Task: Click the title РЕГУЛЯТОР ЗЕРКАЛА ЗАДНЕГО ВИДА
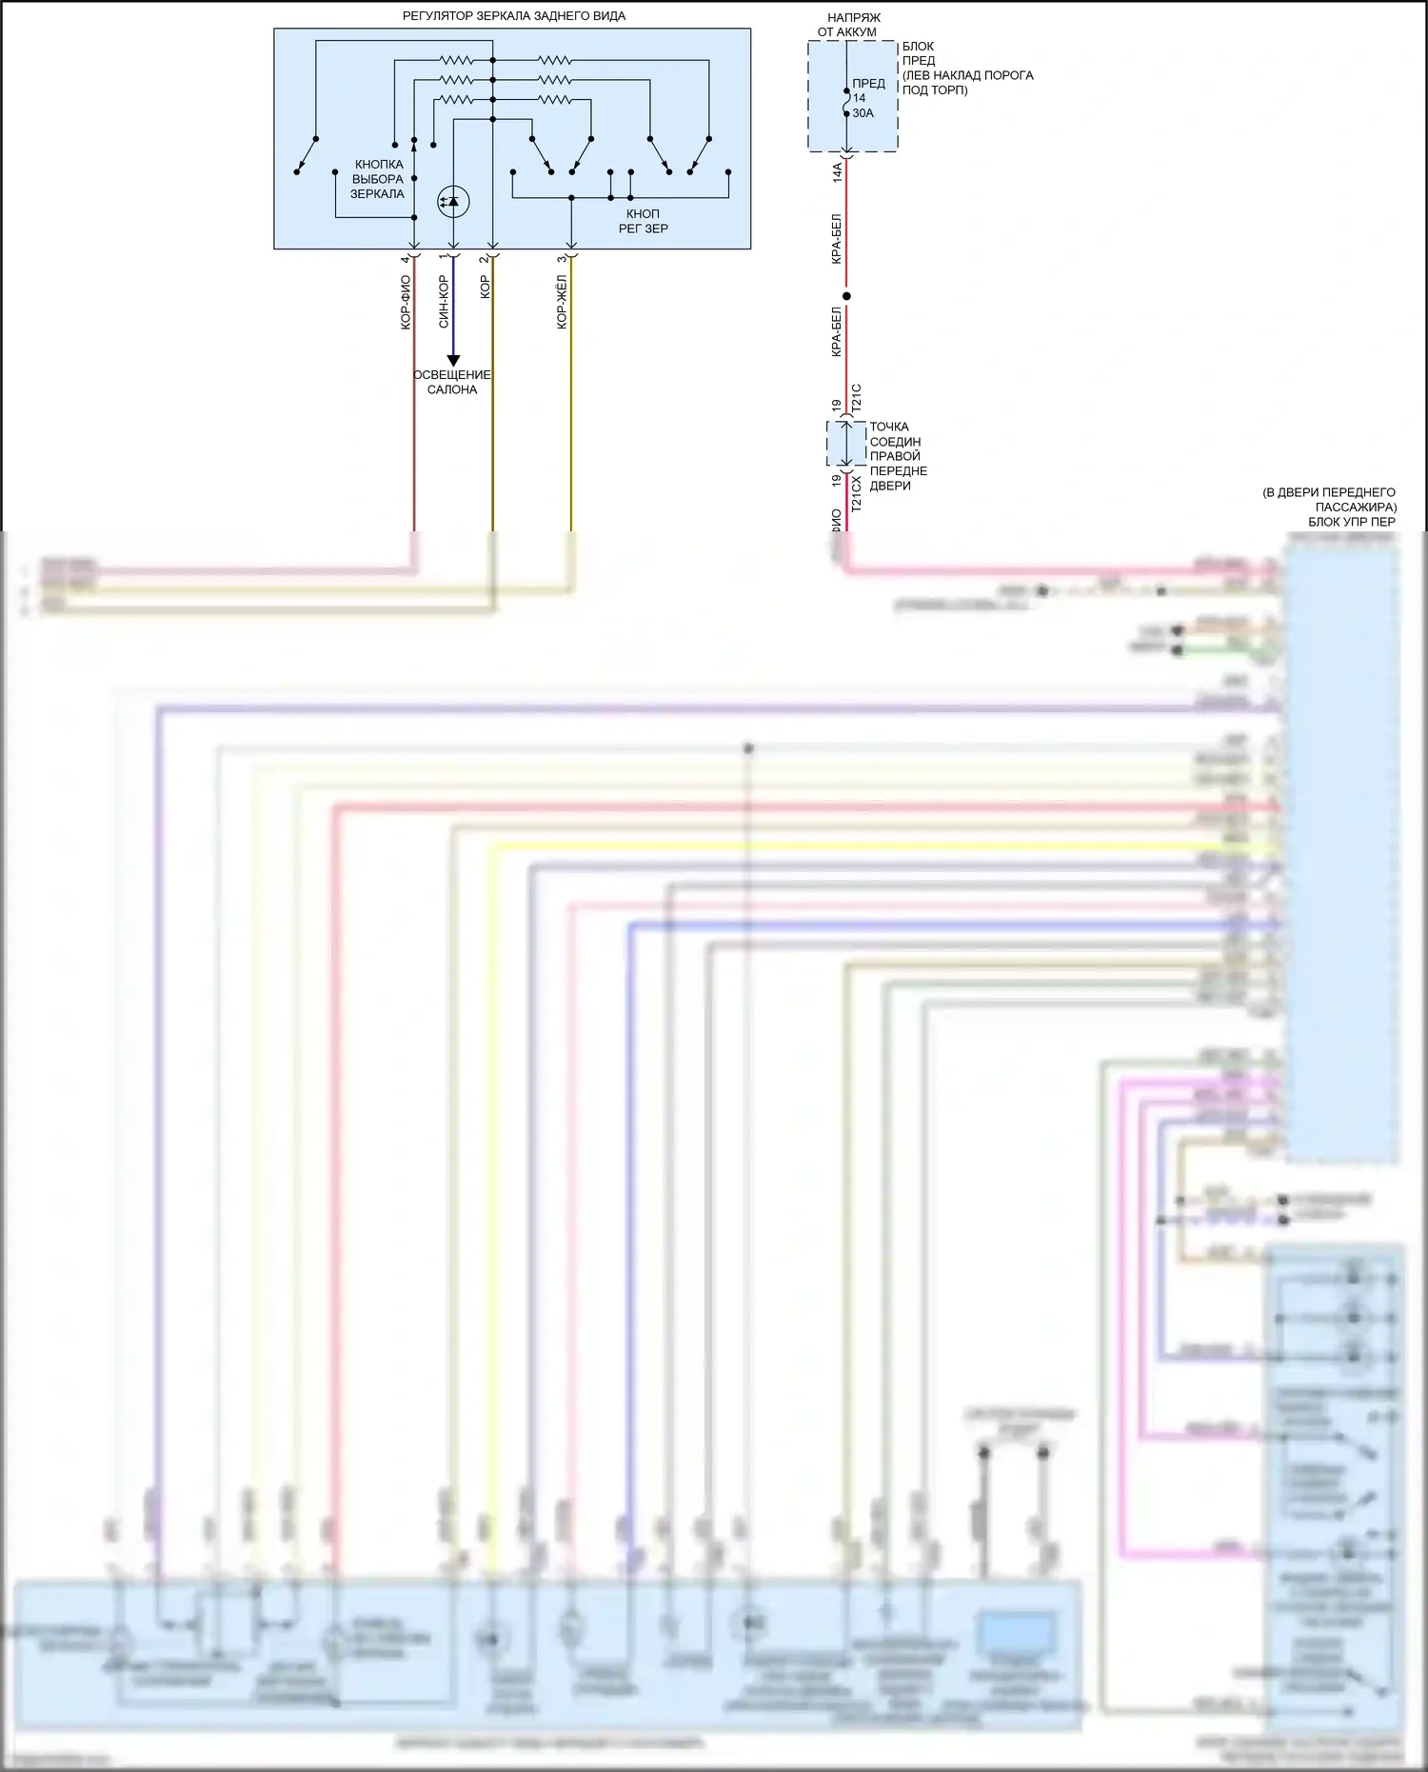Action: [513, 16]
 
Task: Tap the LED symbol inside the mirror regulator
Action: [453, 201]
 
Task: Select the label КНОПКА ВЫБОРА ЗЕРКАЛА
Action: [378, 179]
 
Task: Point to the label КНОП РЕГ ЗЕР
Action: [644, 221]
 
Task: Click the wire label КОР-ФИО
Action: [406, 302]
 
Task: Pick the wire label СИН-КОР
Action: [444, 302]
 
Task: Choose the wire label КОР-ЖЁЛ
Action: [562, 302]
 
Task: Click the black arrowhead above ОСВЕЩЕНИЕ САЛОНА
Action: [454, 360]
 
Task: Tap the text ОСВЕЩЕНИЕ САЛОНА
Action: [452, 382]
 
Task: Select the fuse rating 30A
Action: [863, 113]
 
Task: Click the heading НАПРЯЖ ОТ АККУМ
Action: [847, 25]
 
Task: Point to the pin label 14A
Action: [838, 172]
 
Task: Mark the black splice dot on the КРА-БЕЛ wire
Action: [846, 296]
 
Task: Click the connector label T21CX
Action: [856, 494]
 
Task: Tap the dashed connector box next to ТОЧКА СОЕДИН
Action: [846, 443]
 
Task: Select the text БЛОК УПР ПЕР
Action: [1352, 522]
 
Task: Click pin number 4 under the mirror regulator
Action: [406, 259]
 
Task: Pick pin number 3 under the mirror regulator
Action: [563, 259]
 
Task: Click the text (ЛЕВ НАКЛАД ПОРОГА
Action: [967, 75]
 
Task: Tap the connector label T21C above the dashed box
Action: [856, 397]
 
